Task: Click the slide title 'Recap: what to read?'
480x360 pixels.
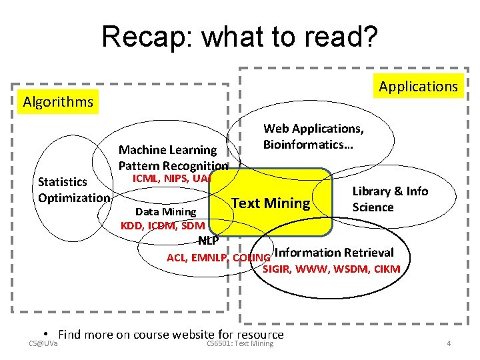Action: pyautogui.click(x=239, y=37)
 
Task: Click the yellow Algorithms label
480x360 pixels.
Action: pyautogui.click(x=58, y=102)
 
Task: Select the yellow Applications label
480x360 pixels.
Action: pyautogui.click(x=418, y=86)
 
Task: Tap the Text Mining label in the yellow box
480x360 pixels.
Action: pyautogui.click(x=271, y=203)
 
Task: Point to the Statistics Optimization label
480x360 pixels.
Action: pyautogui.click(x=73, y=190)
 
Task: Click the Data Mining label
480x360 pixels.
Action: pyautogui.click(x=166, y=212)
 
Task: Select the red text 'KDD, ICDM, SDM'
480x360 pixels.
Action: pyautogui.click(x=162, y=225)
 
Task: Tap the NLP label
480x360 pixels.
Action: pyautogui.click(x=208, y=241)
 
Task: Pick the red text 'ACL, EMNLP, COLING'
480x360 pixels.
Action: pyautogui.click(x=218, y=257)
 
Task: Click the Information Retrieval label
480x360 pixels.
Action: pyautogui.click(x=334, y=252)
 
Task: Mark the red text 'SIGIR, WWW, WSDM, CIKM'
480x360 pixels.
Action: pyautogui.click(x=331, y=269)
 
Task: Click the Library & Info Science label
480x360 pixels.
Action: pyautogui.click(x=390, y=199)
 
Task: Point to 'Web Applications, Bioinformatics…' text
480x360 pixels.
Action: pyautogui.click(x=313, y=136)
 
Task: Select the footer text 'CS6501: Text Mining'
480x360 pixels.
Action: pyautogui.click(x=240, y=343)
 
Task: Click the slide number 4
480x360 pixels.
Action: pyautogui.click(x=449, y=343)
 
